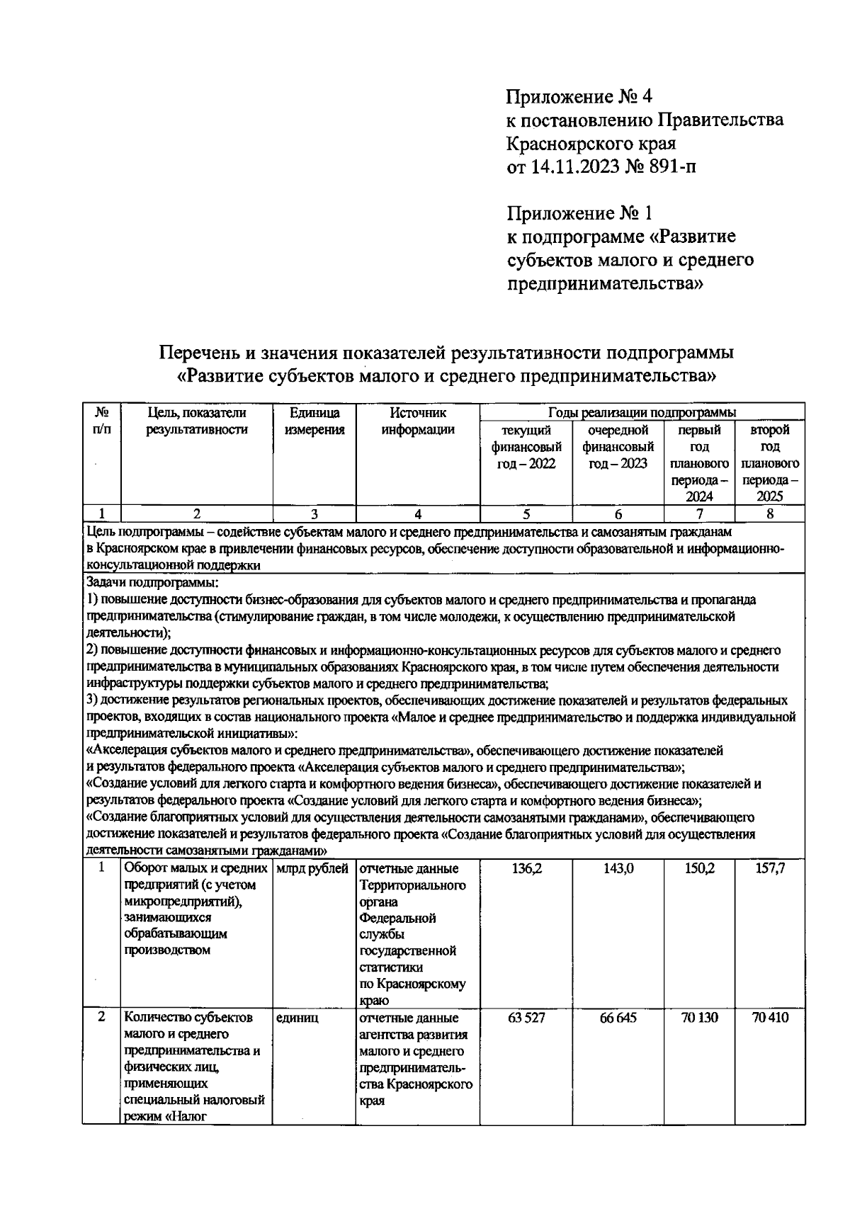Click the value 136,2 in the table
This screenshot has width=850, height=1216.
[526, 869]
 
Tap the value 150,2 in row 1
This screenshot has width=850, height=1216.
[699, 869]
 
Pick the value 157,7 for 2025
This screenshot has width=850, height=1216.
[770, 869]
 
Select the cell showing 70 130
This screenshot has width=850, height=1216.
[699, 1018]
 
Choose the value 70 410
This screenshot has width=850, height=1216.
[770, 1018]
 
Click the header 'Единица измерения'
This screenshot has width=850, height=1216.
[314, 421]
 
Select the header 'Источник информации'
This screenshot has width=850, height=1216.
[418, 421]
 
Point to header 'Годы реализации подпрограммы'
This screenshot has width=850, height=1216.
[642, 412]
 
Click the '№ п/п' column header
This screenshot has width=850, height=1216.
[101, 421]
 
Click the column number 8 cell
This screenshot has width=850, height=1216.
[770, 514]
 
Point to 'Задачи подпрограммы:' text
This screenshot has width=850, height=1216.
[152, 583]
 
